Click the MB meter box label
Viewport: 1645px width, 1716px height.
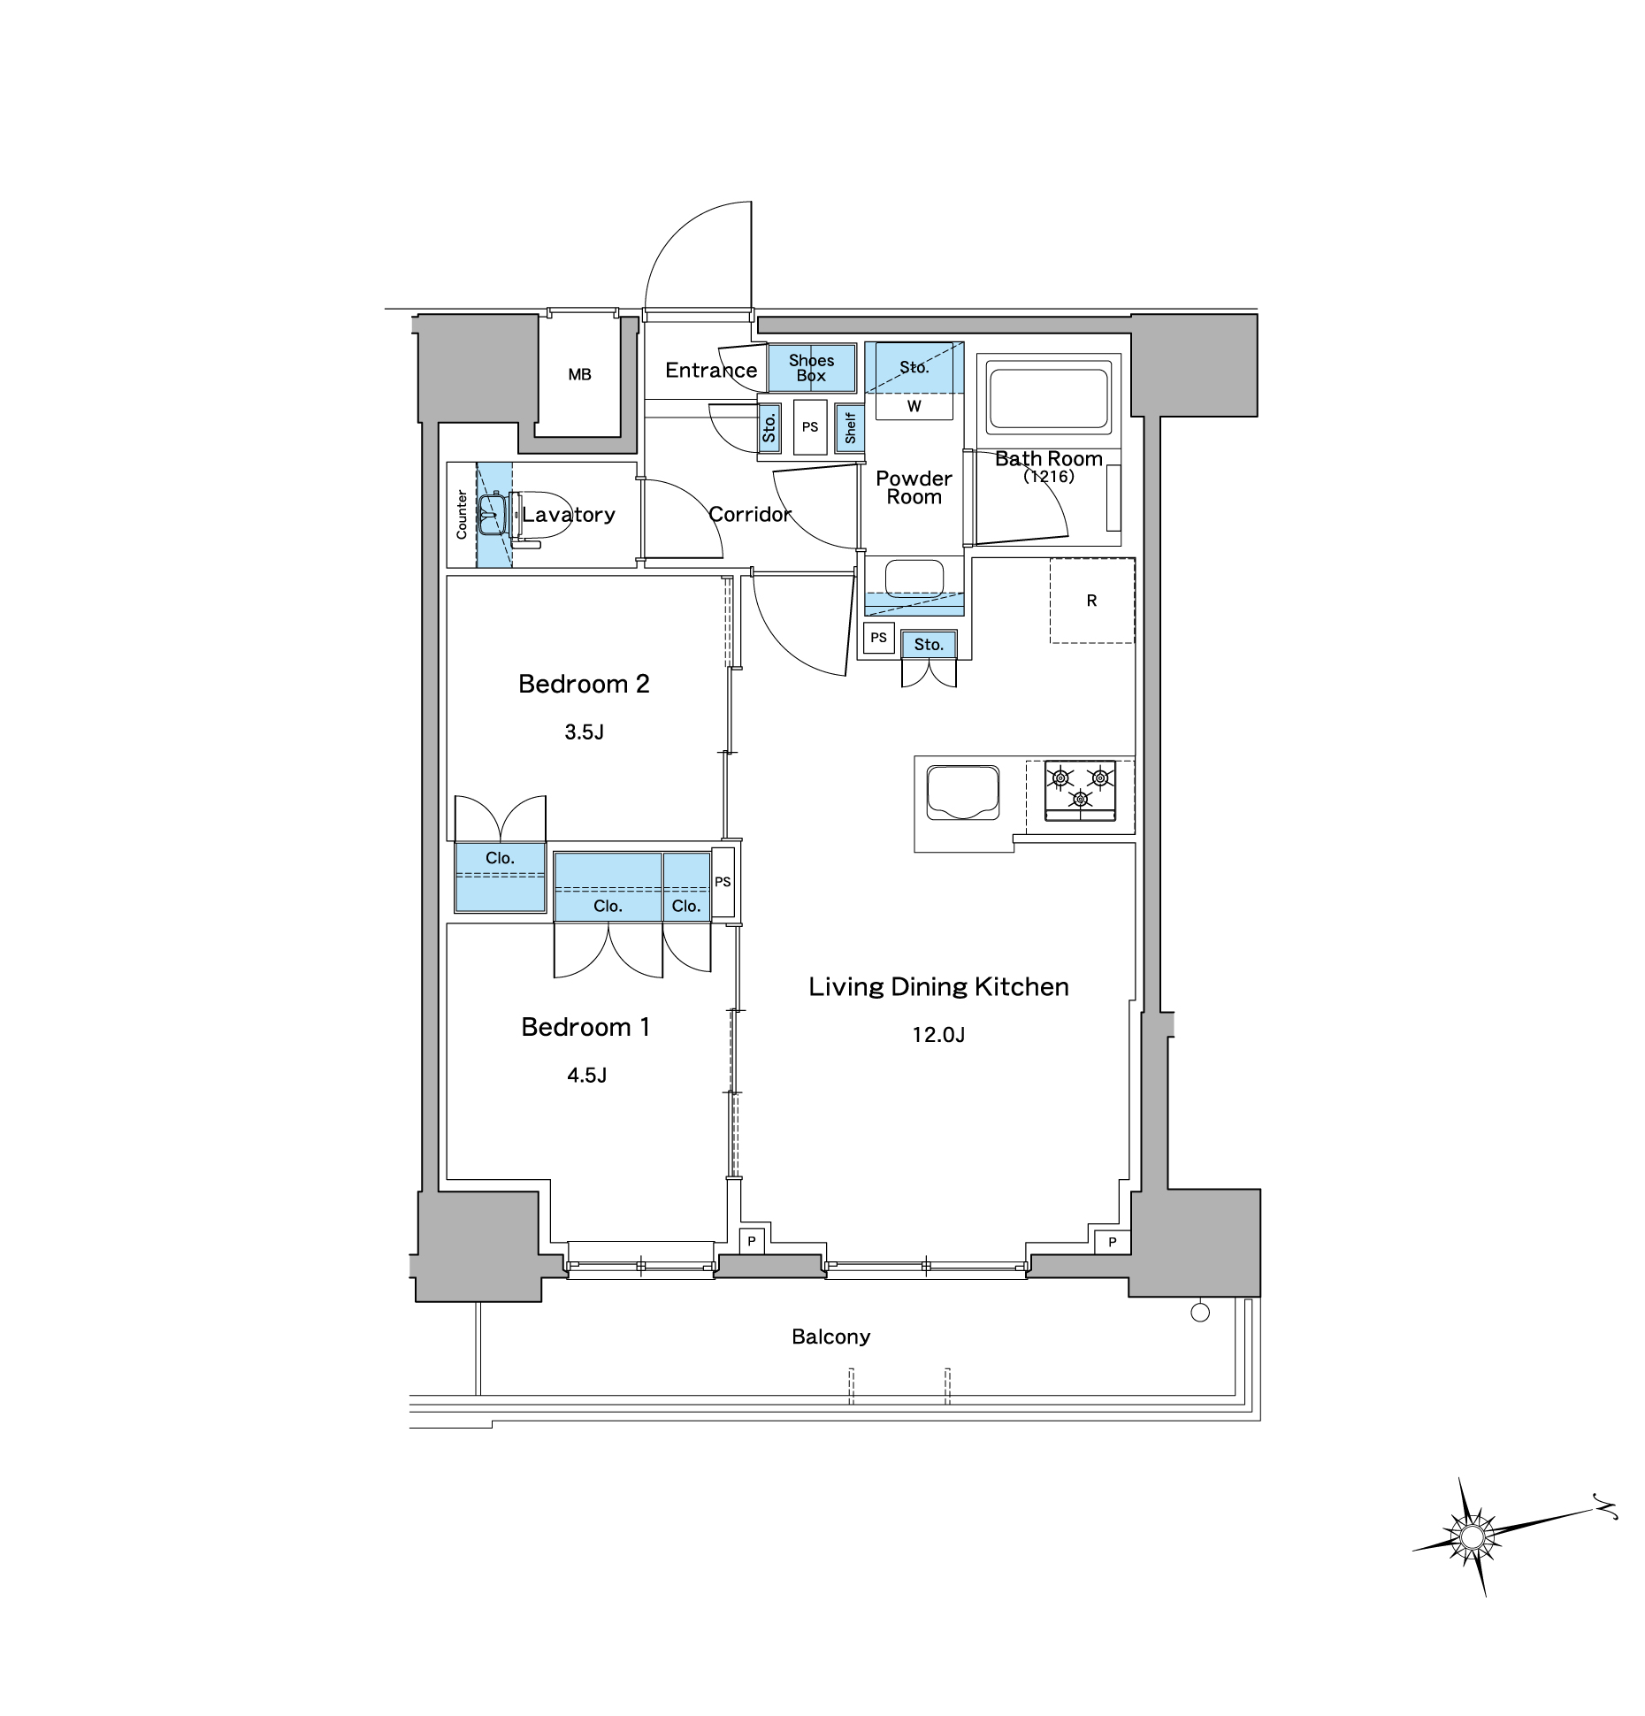pyautogui.click(x=579, y=375)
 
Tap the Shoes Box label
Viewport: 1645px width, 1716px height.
pyautogui.click(x=811, y=368)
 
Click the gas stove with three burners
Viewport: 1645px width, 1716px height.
pyautogui.click(x=1080, y=791)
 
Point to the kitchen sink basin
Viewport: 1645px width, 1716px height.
pyautogui.click(x=963, y=793)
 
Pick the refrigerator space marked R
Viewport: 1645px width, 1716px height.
pyautogui.click(x=1092, y=601)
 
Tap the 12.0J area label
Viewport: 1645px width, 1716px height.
pyautogui.click(x=938, y=1034)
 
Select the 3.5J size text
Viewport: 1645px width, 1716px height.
pyautogui.click(x=584, y=732)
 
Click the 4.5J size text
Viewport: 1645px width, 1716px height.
pyautogui.click(x=586, y=1075)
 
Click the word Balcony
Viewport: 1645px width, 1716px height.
pyautogui.click(x=830, y=1337)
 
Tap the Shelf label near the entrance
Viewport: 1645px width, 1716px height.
pyautogui.click(x=851, y=427)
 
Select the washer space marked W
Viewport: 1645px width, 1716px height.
pyautogui.click(x=914, y=407)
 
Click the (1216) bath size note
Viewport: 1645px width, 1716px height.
pyautogui.click(x=1048, y=477)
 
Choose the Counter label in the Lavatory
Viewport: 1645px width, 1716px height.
pyautogui.click(x=462, y=515)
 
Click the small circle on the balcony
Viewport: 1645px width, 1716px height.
pyautogui.click(x=1200, y=1313)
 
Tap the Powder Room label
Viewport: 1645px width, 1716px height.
pyautogui.click(x=914, y=487)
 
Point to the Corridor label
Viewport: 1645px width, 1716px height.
pyautogui.click(x=750, y=514)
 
